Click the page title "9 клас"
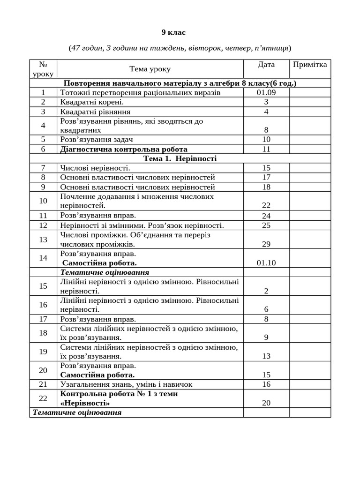173,32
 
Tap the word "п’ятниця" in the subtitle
271,48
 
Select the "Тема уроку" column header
150,69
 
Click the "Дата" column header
266,65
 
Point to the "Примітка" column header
309,65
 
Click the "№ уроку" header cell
43,69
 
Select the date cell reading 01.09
266,93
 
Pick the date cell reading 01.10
266,263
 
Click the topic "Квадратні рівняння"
95,112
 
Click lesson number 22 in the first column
43,398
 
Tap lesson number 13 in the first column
43,240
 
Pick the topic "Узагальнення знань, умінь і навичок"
126,384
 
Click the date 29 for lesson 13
266,244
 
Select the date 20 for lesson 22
266,403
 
